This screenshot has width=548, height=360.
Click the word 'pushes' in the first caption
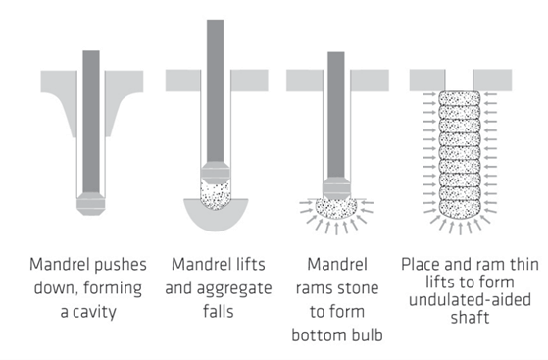[x=121, y=266]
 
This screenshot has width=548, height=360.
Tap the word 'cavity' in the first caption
[x=93, y=312]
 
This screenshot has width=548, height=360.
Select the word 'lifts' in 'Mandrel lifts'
[x=250, y=264]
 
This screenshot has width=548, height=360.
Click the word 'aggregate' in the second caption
[x=234, y=289]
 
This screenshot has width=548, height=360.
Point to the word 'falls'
[x=219, y=311]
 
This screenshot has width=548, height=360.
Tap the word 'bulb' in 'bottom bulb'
[x=368, y=334]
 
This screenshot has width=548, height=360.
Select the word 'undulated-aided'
[x=470, y=300]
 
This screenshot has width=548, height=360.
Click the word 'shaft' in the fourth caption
[x=470, y=317]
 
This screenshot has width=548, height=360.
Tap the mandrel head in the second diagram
[x=216, y=173]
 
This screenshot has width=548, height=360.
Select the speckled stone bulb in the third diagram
[x=336, y=209]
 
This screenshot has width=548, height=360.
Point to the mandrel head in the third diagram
[x=336, y=189]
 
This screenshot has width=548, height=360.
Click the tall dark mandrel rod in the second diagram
[x=216, y=90]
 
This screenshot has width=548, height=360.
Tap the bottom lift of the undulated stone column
[x=459, y=208]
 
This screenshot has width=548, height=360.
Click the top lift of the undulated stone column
[x=459, y=98]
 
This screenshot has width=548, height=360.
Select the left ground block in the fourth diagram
[x=427, y=80]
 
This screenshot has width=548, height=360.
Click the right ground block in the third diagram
[x=370, y=80]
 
